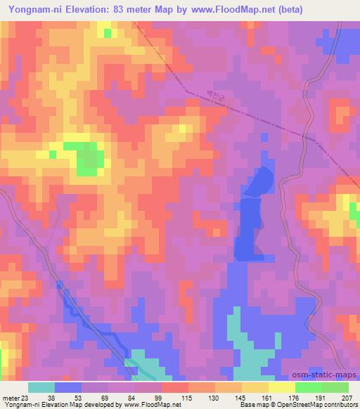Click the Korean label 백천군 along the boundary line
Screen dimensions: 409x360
[x=214, y=95]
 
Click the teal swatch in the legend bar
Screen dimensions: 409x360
[x=41, y=387]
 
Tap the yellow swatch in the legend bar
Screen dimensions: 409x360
[x=281, y=387]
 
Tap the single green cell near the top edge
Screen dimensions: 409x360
[x=107, y=32]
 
